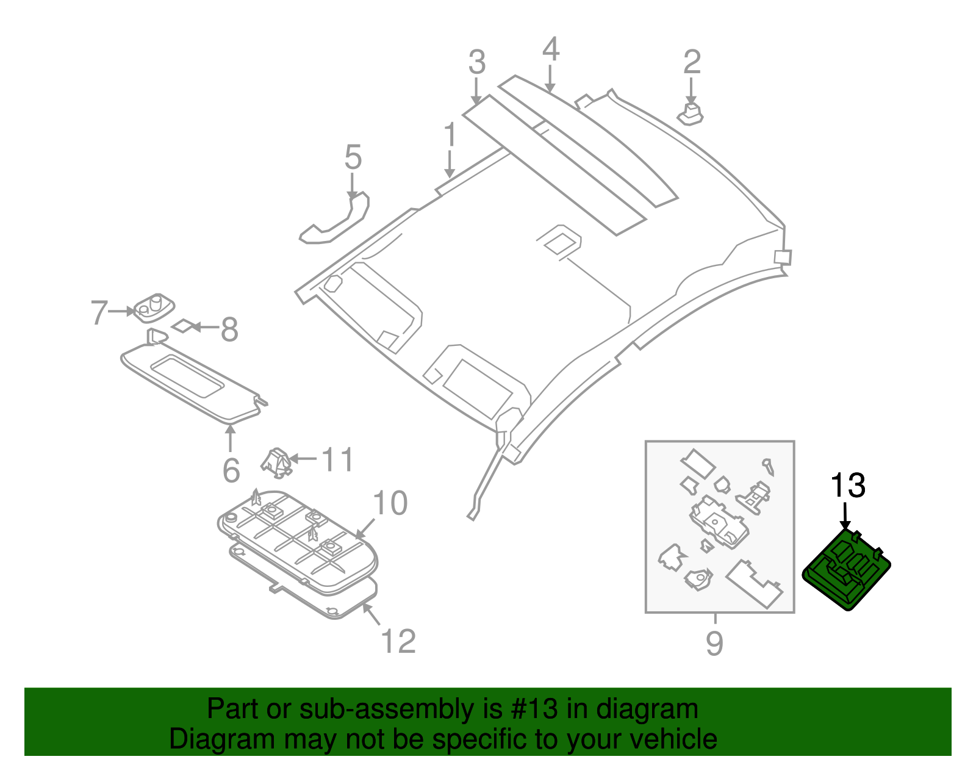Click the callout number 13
point(848,486)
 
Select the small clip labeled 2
point(691,115)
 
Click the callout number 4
point(550,49)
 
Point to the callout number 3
point(477,63)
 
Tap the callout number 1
point(450,135)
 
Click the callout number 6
point(231,470)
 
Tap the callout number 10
point(390,504)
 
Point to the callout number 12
point(398,641)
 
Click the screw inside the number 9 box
point(769,467)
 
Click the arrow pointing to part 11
point(303,458)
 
